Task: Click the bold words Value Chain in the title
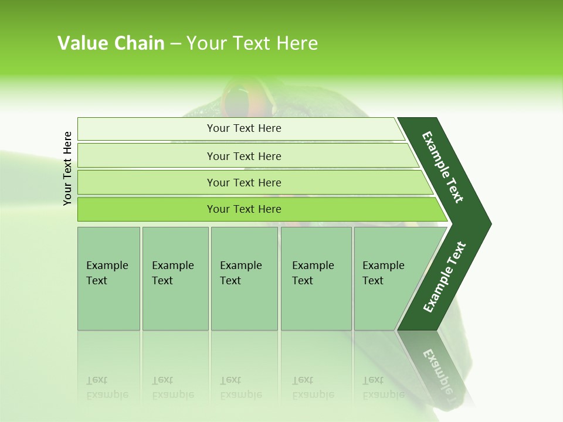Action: pyautogui.click(x=111, y=43)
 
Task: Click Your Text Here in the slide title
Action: pyautogui.click(x=252, y=43)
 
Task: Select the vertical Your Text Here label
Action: pyautogui.click(x=67, y=168)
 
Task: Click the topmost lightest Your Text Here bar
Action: pyautogui.click(x=244, y=128)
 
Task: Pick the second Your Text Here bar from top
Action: pyautogui.click(x=244, y=156)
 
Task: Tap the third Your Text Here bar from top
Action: pyautogui.click(x=244, y=182)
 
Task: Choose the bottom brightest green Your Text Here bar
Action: pyautogui.click(x=244, y=209)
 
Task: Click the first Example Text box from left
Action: pyautogui.click(x=108, y=278)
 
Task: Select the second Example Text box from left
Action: pyautogui.click(x=175, y=278)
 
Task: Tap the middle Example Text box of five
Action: pyautogui.click(x=244, y=278)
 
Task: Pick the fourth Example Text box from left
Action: pyautogui.click(x=316, y=278)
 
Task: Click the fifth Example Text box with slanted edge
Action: pyautogui.click(x=387, y=278)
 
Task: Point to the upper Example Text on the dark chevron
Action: pyautogui.click(x=443, y=167)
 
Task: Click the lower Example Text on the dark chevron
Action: pyautogui.click(x=445, y=277)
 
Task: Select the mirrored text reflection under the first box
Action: pyautogui.click(x=107, y=387)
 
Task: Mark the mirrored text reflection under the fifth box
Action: pyautogui.click(x=384, y=387)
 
